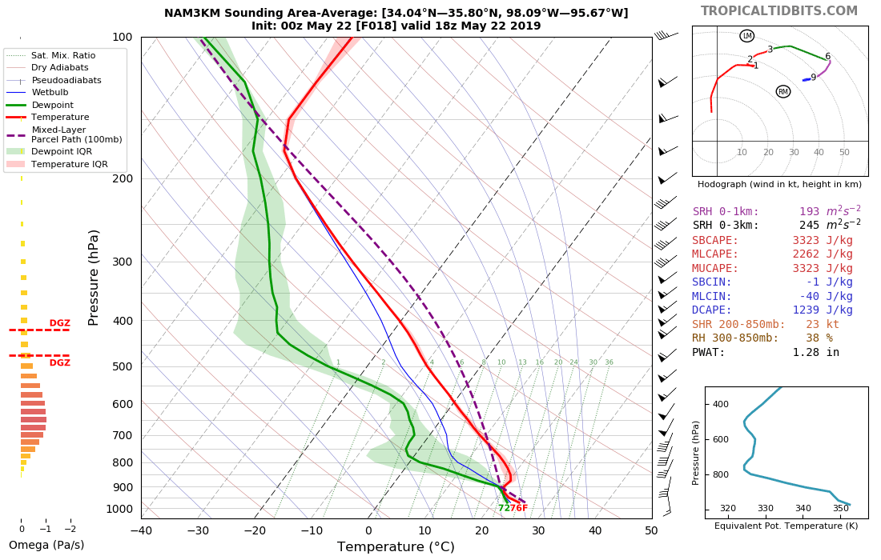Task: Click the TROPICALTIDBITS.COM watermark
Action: click(778, 11)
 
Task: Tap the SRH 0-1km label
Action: click(726, 212)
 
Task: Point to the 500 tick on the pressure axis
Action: click(122, 366)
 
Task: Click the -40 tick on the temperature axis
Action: click(141, 530)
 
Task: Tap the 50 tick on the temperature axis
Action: click(651, 530)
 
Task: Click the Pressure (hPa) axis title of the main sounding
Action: click(94, 277)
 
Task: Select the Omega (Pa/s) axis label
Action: click(46, 546)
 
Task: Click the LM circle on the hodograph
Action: click(747, 36)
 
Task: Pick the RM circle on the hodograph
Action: click(783, 91)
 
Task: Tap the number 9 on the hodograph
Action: click(813, 78)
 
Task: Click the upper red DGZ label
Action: click(60, 322)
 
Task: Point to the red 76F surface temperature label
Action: click(518, 508)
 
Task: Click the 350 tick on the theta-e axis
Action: click(841, 508)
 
